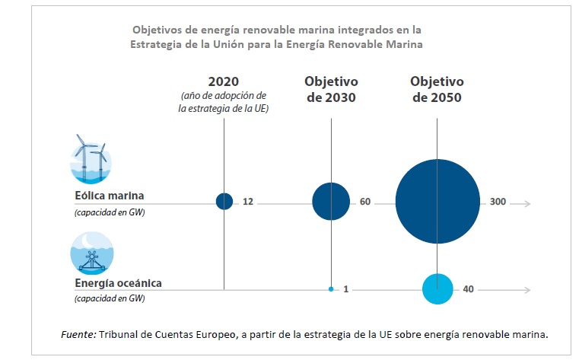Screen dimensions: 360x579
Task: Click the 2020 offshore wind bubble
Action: click(x=224, y=202)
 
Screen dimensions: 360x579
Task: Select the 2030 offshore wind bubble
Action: click(x=331, y=202)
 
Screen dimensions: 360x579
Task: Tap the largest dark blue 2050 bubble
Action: click(x=437, y=202)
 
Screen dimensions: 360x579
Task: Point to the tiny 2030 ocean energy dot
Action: click(x=331, y=289)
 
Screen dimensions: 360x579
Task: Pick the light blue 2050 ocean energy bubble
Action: click(x=437, y=289)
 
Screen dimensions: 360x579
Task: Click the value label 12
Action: click(x=248, y=202)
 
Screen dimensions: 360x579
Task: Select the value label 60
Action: click(x=364, y=202)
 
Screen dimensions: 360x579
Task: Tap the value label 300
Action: click(x=498, y=202)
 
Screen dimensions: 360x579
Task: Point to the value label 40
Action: click(x=469, y=289)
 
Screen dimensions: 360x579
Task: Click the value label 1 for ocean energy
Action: click(x=345, y=289)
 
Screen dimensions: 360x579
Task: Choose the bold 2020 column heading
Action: click(x=224, y=81)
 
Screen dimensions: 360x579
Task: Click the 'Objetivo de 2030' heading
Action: click(x=331, y=89)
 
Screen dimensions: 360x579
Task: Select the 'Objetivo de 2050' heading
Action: click(x=436, y=89)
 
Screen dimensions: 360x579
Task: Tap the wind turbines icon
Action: click(x=91, y=158)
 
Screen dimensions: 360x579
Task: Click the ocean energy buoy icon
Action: click(x=91, y=253)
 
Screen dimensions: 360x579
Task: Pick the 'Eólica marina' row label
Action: click(x=110, y=196)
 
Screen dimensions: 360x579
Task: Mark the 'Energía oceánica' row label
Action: click(x=118, y=284)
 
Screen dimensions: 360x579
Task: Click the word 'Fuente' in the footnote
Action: click(x=78, y=334)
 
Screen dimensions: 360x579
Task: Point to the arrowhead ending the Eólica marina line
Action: click(x=527, y=203)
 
